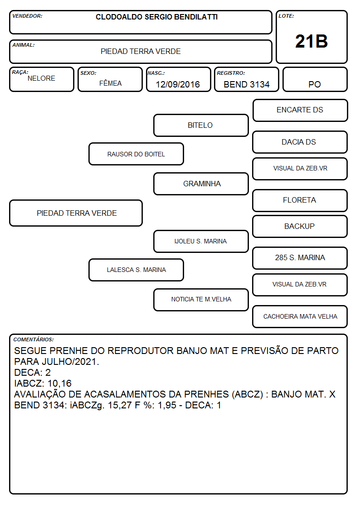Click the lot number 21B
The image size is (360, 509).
[311, 41]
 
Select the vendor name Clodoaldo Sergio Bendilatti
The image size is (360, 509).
[156, 17]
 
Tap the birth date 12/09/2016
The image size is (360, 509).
[178, 84]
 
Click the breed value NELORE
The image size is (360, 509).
[41, 78]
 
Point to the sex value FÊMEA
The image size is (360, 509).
[110, 83]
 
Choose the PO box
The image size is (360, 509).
[315, 79]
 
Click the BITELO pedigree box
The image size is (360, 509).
[201, 125]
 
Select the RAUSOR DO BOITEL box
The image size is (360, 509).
[136, 154]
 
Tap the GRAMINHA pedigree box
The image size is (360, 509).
[201, 184]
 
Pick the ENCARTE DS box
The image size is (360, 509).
[300, 111]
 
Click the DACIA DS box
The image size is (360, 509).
[300, 142]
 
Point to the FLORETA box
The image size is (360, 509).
[300, 200]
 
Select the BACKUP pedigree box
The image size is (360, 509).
[300, 226]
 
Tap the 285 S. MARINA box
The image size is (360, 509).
[300, 258]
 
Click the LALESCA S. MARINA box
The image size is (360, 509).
[136, 270]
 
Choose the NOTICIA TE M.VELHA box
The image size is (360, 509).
[201, 300]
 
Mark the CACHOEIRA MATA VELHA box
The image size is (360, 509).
[300, 316]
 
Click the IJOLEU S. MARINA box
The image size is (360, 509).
[201, 241]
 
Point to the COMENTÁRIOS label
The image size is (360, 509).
[34, 339]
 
